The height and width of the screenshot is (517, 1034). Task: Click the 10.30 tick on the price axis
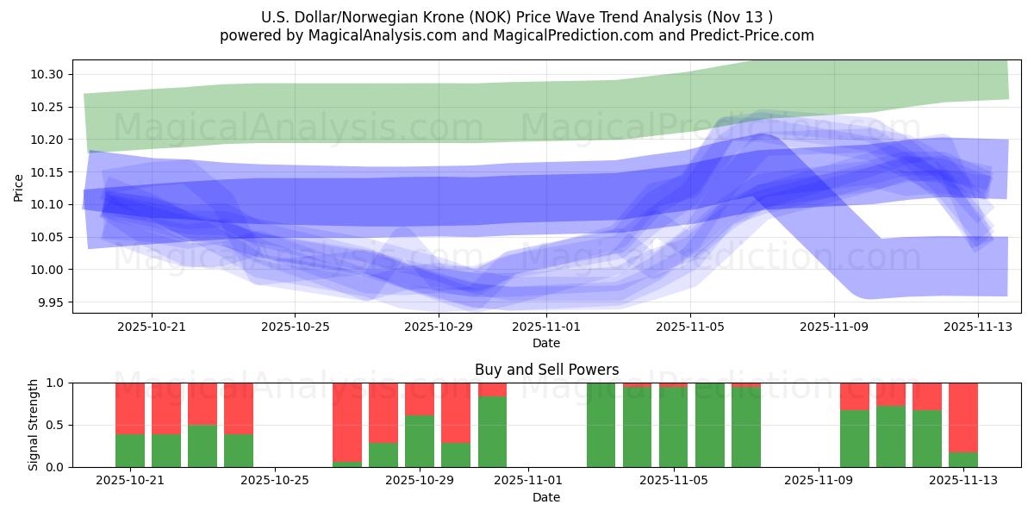pyautogui.click(x=47, y=74)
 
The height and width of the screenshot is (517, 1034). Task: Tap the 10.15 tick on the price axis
pyautogui.click(x=47, y=172)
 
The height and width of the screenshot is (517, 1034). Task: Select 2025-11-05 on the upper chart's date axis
pyautogui.click(x=689, y=327)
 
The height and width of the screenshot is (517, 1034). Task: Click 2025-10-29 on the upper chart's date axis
pyautogui.click(x=439, y=327)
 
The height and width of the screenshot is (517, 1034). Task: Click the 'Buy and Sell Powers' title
pyautogui.click(x=546, y=370)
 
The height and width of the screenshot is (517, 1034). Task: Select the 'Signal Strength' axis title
pyautogui.click(x=34, y=425)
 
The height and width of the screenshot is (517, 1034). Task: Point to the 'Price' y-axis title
pyautogui.click(x=19, y=187)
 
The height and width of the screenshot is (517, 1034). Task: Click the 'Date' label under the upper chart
pyautogui.click(x=546, y=343)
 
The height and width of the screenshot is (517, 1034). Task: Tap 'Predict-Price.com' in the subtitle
pyautogui.click(x=756, y=35)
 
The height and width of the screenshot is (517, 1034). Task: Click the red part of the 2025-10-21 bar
pyautogui.click(x=130, y=408)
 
